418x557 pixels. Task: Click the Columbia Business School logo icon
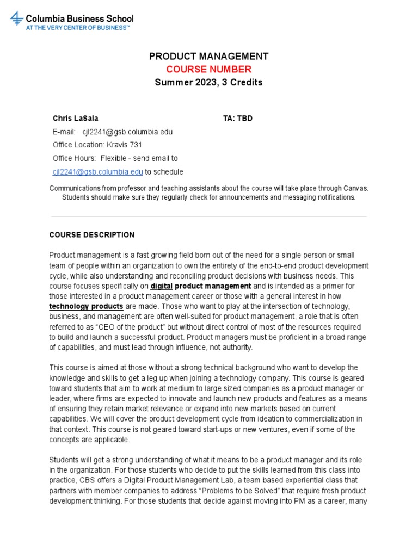tap(17, 19)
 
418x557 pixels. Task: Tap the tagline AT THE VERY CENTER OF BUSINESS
tap(78, 27)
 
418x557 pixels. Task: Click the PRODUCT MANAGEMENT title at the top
tap(208, 56)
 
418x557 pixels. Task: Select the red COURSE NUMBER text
tap(208, 69)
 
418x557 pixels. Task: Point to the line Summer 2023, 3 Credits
tap(208, 83)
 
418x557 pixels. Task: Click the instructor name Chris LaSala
tap(76, 118)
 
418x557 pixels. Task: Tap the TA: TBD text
tap(238, 118)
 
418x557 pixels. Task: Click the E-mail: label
tap(64, 132)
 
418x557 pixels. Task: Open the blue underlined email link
tap(97, 172)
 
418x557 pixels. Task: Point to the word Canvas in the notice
tap(356, 188)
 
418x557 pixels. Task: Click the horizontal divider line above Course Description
tap(208, 216)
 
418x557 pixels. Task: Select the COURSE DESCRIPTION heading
tap(92, 235)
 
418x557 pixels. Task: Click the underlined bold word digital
tap(161, 286)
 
